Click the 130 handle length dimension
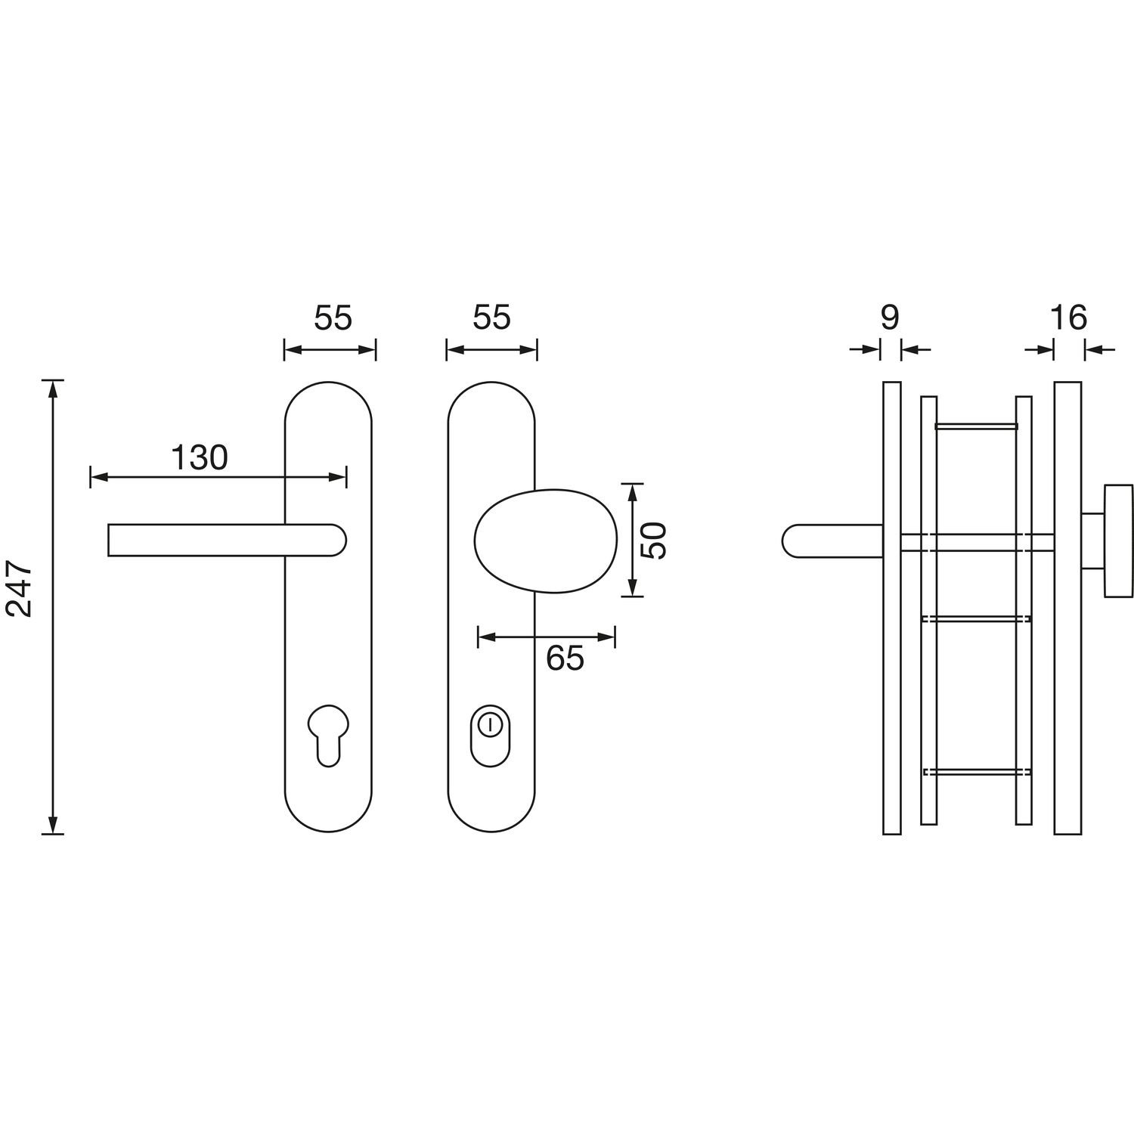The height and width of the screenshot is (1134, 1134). [x=200, y=457]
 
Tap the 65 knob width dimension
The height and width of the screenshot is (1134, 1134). [x=565, y=658]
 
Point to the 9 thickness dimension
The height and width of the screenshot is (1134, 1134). [x=891, y=318]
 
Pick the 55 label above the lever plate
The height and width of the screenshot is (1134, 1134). [x=333, y=318]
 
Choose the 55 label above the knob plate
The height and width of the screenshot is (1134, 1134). [x=492, y=318]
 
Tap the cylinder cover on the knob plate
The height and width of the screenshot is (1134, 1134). [x=491, y=736]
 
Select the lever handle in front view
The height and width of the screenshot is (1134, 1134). [x=227, y=540]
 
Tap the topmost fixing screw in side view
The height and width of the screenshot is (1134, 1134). [x=977, y=426]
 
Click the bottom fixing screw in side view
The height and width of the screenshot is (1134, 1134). [x=977, y=772]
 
